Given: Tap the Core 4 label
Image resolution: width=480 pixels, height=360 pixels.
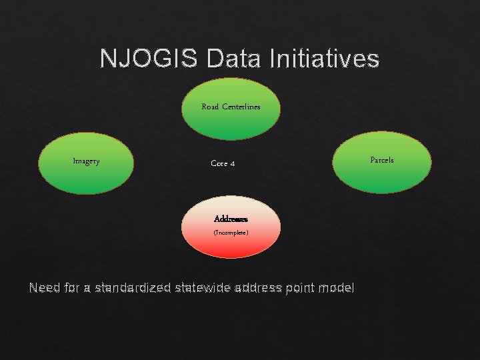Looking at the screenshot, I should (x=222, y=163).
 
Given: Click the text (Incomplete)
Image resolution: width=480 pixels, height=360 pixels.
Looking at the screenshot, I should (x=231, y=233).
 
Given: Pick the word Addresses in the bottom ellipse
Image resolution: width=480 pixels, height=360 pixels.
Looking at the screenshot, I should (x=231, y=219).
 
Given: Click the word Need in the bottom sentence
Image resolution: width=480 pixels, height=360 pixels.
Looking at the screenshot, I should (x=44, y=288).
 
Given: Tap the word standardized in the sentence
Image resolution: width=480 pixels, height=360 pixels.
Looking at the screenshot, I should (x=132, y=288).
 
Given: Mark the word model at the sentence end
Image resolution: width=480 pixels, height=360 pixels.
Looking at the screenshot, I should (x=337, y=288).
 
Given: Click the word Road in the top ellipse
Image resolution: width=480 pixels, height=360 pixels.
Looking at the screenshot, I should (x=210, y=107).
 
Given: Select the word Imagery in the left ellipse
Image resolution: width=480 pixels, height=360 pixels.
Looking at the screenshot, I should (x=86, y=161).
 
